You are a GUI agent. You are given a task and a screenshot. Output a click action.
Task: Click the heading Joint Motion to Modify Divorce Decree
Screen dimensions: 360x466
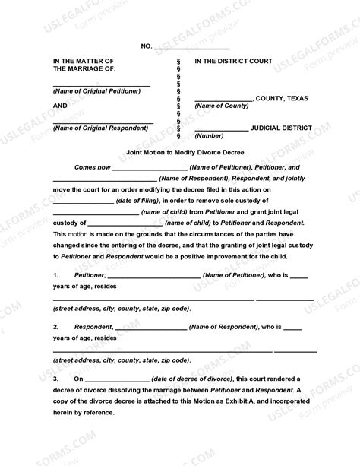(x=179, y=152)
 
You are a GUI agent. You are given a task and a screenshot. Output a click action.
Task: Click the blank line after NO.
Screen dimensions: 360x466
(x=187, y=47)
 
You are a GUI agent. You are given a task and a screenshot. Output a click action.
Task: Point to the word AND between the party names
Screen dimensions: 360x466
(x=60, y=105)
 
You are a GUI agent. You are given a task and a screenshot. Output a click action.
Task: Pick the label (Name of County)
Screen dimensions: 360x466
(x=220, y=106)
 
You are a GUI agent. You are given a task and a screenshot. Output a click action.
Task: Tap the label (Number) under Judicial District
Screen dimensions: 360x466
(x=209, y=135)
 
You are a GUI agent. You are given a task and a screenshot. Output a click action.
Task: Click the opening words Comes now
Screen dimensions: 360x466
(x=90, y=166)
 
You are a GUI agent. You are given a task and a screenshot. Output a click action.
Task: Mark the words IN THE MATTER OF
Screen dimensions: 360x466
(x=83, y=60)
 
